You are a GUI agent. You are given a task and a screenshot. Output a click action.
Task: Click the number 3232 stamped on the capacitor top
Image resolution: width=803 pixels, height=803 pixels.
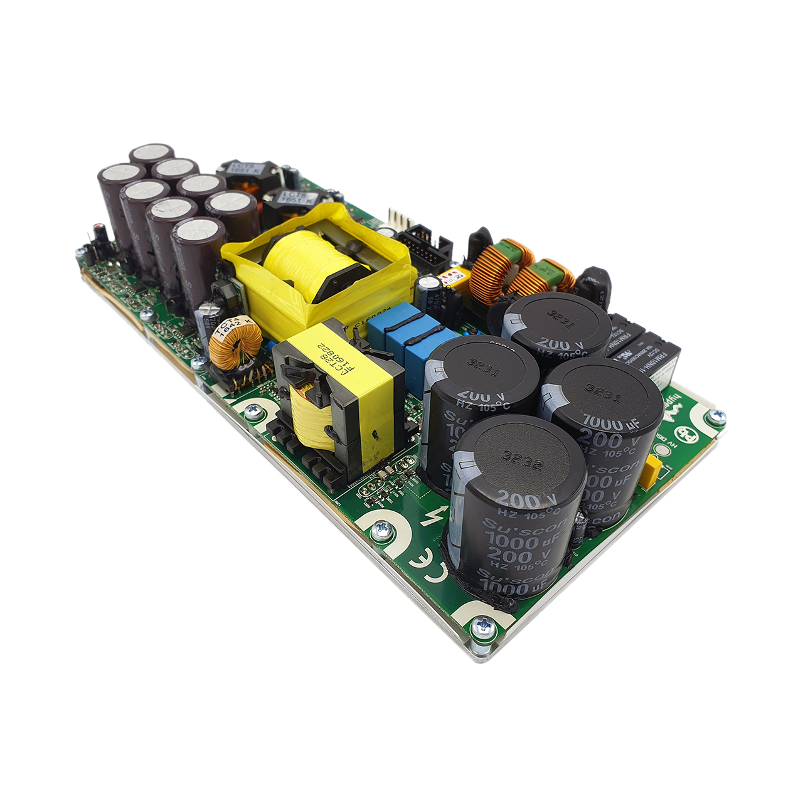click(518, 459)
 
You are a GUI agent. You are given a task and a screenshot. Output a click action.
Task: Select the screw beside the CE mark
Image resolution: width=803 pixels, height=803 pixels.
click(381, 531)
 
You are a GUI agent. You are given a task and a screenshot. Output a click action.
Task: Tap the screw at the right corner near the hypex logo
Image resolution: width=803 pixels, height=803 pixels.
click(715, 417)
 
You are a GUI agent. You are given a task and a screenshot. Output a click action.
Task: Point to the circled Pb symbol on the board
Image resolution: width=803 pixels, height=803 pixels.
click(684, 433)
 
